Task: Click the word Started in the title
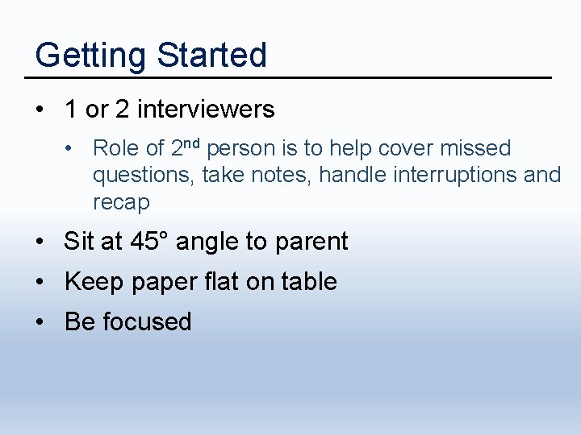pyautogui.click(x=211, y=56)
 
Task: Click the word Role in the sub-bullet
pyautogui.click(x=116, y=148)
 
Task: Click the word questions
pyautogui.click(x=144, y=175)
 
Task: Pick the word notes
pyautogui.click(x=288, y=175)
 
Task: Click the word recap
pyautogui.click(x=121, y=202)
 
